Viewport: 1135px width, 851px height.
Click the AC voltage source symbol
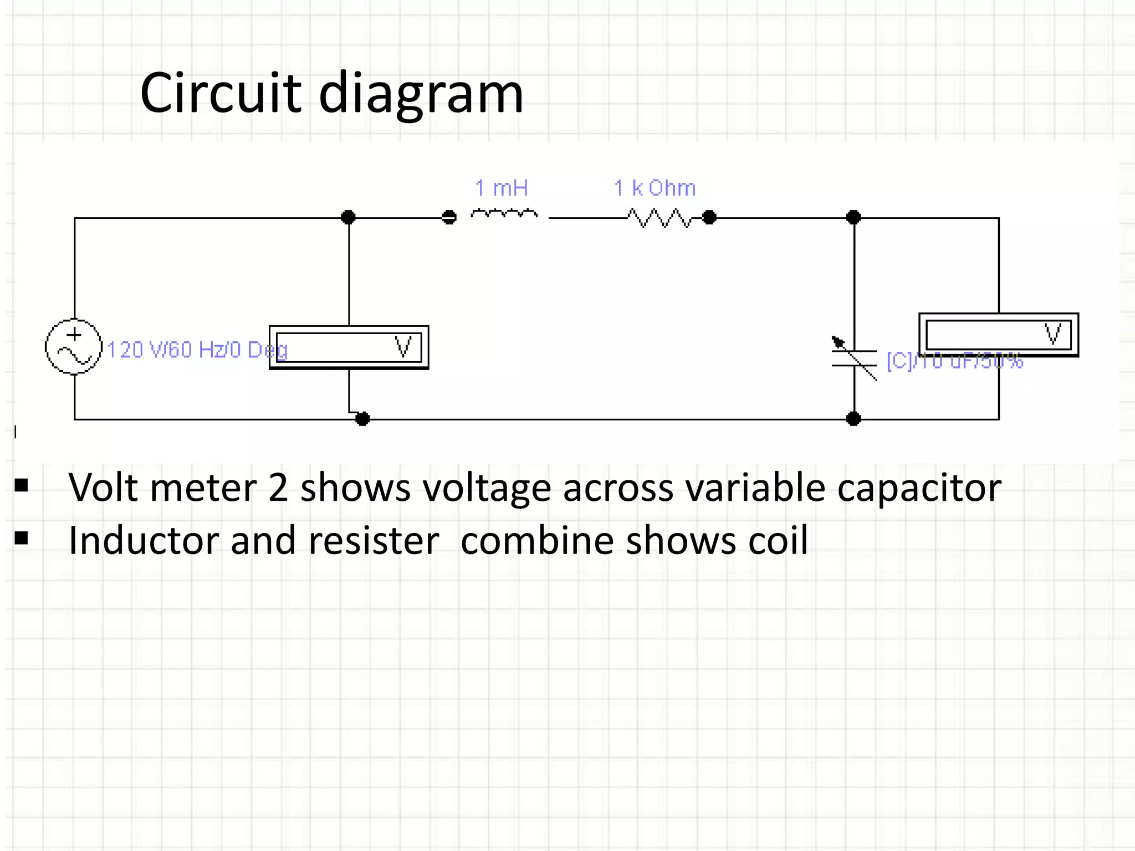click(74, 347)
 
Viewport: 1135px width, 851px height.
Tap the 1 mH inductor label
click(502, 188)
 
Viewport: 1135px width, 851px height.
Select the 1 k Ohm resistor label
click(655, 188)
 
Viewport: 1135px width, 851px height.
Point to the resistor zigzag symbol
click(659, 218)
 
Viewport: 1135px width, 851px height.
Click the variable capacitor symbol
click(854, 358)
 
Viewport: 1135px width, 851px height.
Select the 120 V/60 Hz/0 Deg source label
click(197, 350)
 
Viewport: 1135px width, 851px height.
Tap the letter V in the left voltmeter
click(403, 347)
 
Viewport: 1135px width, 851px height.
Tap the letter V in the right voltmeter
click(1052, 335)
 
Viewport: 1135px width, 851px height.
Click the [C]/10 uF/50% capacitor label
click(954, 361)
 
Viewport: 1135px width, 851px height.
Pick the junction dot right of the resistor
click(709, 217)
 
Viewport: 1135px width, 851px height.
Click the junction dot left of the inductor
click(449, 217)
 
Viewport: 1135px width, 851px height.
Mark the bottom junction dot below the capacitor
click(853, 419)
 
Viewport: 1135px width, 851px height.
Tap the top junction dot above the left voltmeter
click(348, 217)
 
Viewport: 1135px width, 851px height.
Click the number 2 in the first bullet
click(278, 488)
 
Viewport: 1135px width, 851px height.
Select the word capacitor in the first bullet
click(919, 488)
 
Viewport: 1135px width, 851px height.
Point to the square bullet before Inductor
click(22, 538)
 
